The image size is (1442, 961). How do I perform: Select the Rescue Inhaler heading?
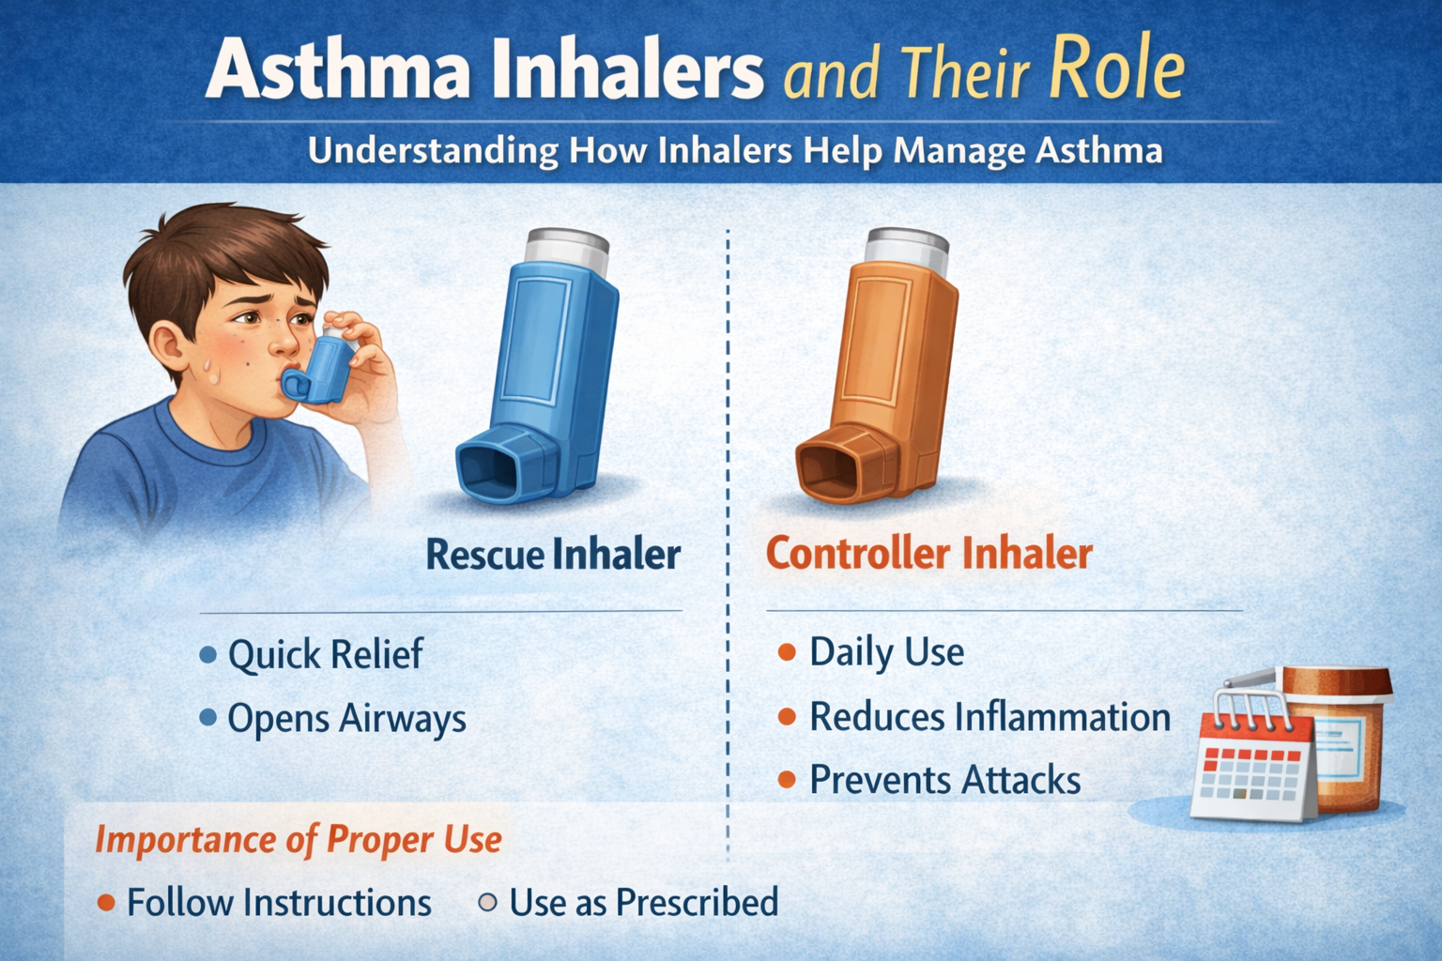[x=553, y=554]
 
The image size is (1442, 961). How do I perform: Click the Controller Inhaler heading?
[x=928, y=554]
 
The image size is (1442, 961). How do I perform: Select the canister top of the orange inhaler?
[x=907, y=246]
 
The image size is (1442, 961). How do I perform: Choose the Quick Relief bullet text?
[x=325, y=654]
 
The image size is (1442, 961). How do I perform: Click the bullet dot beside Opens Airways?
[x=208, y=719]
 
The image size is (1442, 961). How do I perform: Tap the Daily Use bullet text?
[x=886, y=652]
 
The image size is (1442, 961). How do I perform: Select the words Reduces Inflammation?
[x=989, y=717]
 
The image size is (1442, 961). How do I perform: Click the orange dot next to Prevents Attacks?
[x=787, y=780]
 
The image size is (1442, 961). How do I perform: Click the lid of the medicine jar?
[x=1338, y=679]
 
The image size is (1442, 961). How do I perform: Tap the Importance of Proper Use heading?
[x=299, y=839]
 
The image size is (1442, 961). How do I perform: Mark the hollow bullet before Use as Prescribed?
[x=487, y=903]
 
